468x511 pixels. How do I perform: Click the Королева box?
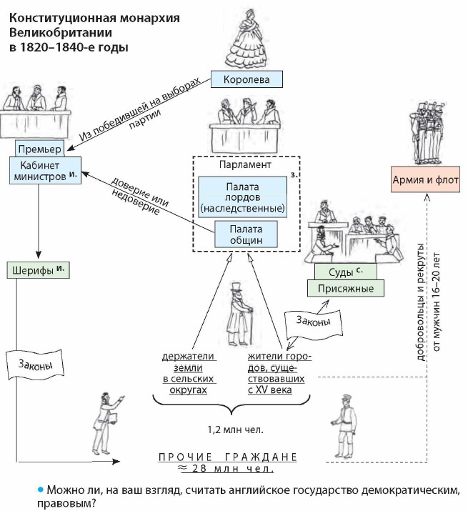[247, 79]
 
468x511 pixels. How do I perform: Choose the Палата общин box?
[246, 235]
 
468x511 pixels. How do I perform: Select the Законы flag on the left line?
[33, 364]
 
